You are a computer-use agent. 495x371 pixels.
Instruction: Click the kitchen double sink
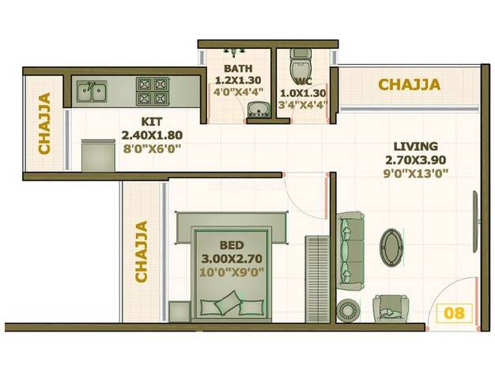92,91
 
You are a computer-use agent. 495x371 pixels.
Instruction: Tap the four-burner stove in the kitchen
153,91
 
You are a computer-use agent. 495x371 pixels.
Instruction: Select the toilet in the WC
300,65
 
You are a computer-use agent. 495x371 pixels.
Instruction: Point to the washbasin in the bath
259,110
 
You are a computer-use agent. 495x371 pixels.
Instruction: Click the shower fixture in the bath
234,52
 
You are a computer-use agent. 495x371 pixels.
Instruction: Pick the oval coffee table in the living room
391,248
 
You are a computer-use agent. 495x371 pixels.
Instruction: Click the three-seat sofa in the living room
350,251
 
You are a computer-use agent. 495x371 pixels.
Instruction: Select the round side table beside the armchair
347,310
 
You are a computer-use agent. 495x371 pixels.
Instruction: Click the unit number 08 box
455,313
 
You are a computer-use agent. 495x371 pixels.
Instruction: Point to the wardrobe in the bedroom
317,279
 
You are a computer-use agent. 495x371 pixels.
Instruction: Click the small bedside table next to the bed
179,312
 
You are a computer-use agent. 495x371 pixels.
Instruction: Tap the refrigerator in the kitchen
98,156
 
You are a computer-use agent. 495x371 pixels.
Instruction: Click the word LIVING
416,147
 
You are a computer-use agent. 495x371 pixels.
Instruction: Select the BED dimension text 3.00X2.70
232,259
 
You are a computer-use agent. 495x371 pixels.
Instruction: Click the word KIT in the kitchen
152,122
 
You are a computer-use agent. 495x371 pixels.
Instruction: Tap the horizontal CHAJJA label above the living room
409,84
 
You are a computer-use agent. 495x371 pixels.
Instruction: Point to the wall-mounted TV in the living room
476,221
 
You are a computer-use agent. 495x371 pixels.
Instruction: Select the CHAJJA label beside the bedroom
141,251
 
